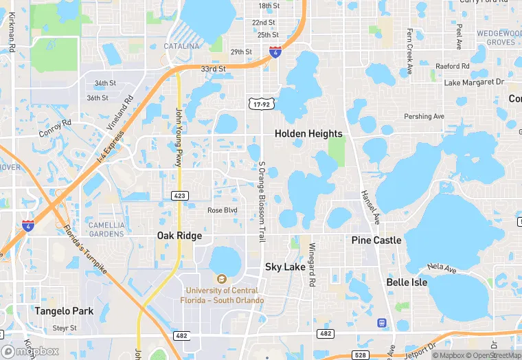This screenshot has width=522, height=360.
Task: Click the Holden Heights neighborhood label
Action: click(308, 133)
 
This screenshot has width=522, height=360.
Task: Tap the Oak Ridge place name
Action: click(179, 236)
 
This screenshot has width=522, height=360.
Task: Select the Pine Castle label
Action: click(376, 240)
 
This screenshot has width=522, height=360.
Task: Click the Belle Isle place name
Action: click(407, 282)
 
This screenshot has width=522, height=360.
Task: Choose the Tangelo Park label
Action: click(64, 311)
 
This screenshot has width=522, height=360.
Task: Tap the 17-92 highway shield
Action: click(261, 103)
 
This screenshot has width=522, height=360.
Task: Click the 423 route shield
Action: click(179, 196)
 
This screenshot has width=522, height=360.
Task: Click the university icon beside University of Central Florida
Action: click(221, 279)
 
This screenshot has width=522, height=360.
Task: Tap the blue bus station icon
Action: click(381, 322)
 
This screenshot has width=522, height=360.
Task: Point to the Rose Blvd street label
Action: click(222, 210)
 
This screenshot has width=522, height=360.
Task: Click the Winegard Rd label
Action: click(312, 265)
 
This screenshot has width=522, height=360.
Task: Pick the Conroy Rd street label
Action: click(55, 128)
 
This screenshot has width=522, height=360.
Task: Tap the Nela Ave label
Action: click(441, 267)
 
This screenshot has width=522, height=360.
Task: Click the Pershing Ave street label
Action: click(424, 116)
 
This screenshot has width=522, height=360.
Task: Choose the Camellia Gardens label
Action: click(106, 229)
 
